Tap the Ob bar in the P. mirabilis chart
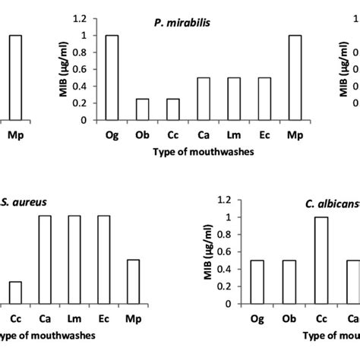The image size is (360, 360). pos(142,109)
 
